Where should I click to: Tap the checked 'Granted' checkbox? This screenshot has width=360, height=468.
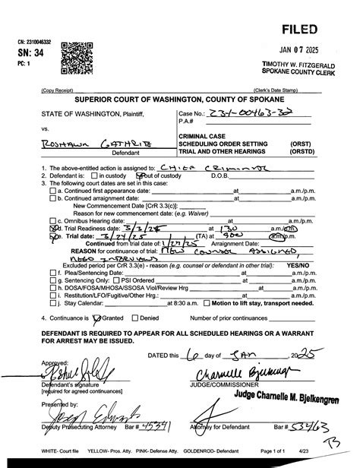tap(96, 318)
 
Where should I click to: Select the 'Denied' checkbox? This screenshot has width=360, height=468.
tap(137, 318)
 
